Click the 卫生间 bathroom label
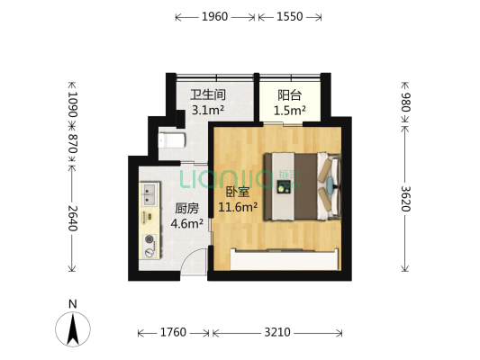(207, 94)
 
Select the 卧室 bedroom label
(237, 192)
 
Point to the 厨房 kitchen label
(186, 208)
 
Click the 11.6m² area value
(238, 207)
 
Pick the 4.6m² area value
(186, 223)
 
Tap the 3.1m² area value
(207, 110)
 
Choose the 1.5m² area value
(289, 111)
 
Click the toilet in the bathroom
(171, 139)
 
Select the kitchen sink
(149, 193)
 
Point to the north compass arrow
(73, 328)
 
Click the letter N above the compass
(73, 303)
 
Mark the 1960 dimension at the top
(215, 16)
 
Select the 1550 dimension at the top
(289, 16)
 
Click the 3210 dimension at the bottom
(276, 333)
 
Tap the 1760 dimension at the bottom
(172, 333)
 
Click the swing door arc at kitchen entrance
(196, 261)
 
